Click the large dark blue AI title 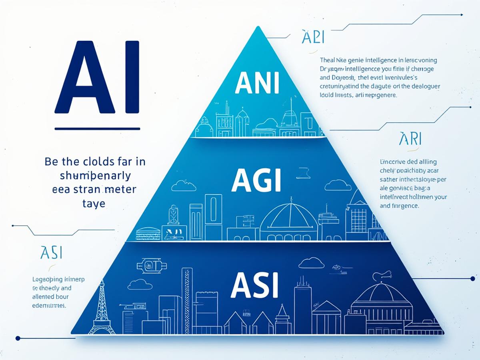pos(97,77)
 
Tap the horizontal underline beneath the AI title pos(97,129)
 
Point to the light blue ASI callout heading pos(51,253)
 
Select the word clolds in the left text pos(96,162)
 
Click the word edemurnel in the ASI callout pos(49,305)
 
